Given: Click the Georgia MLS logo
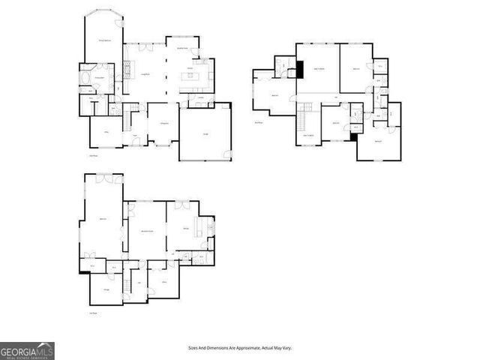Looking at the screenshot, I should (x=27, y=350).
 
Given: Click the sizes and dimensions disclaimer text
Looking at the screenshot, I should (x=239, y=348).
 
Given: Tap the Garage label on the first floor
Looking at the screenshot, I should (x=205, y=133).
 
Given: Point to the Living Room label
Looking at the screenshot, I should (x=146, y=73).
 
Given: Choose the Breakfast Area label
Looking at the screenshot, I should (x=182, y=48).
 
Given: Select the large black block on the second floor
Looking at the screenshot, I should (x=298, y=68).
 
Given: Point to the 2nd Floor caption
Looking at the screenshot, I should (x=259, y=121).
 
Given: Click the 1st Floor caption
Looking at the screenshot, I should (x=94, y=156).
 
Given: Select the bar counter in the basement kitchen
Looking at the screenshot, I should (x=201, y=226).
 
